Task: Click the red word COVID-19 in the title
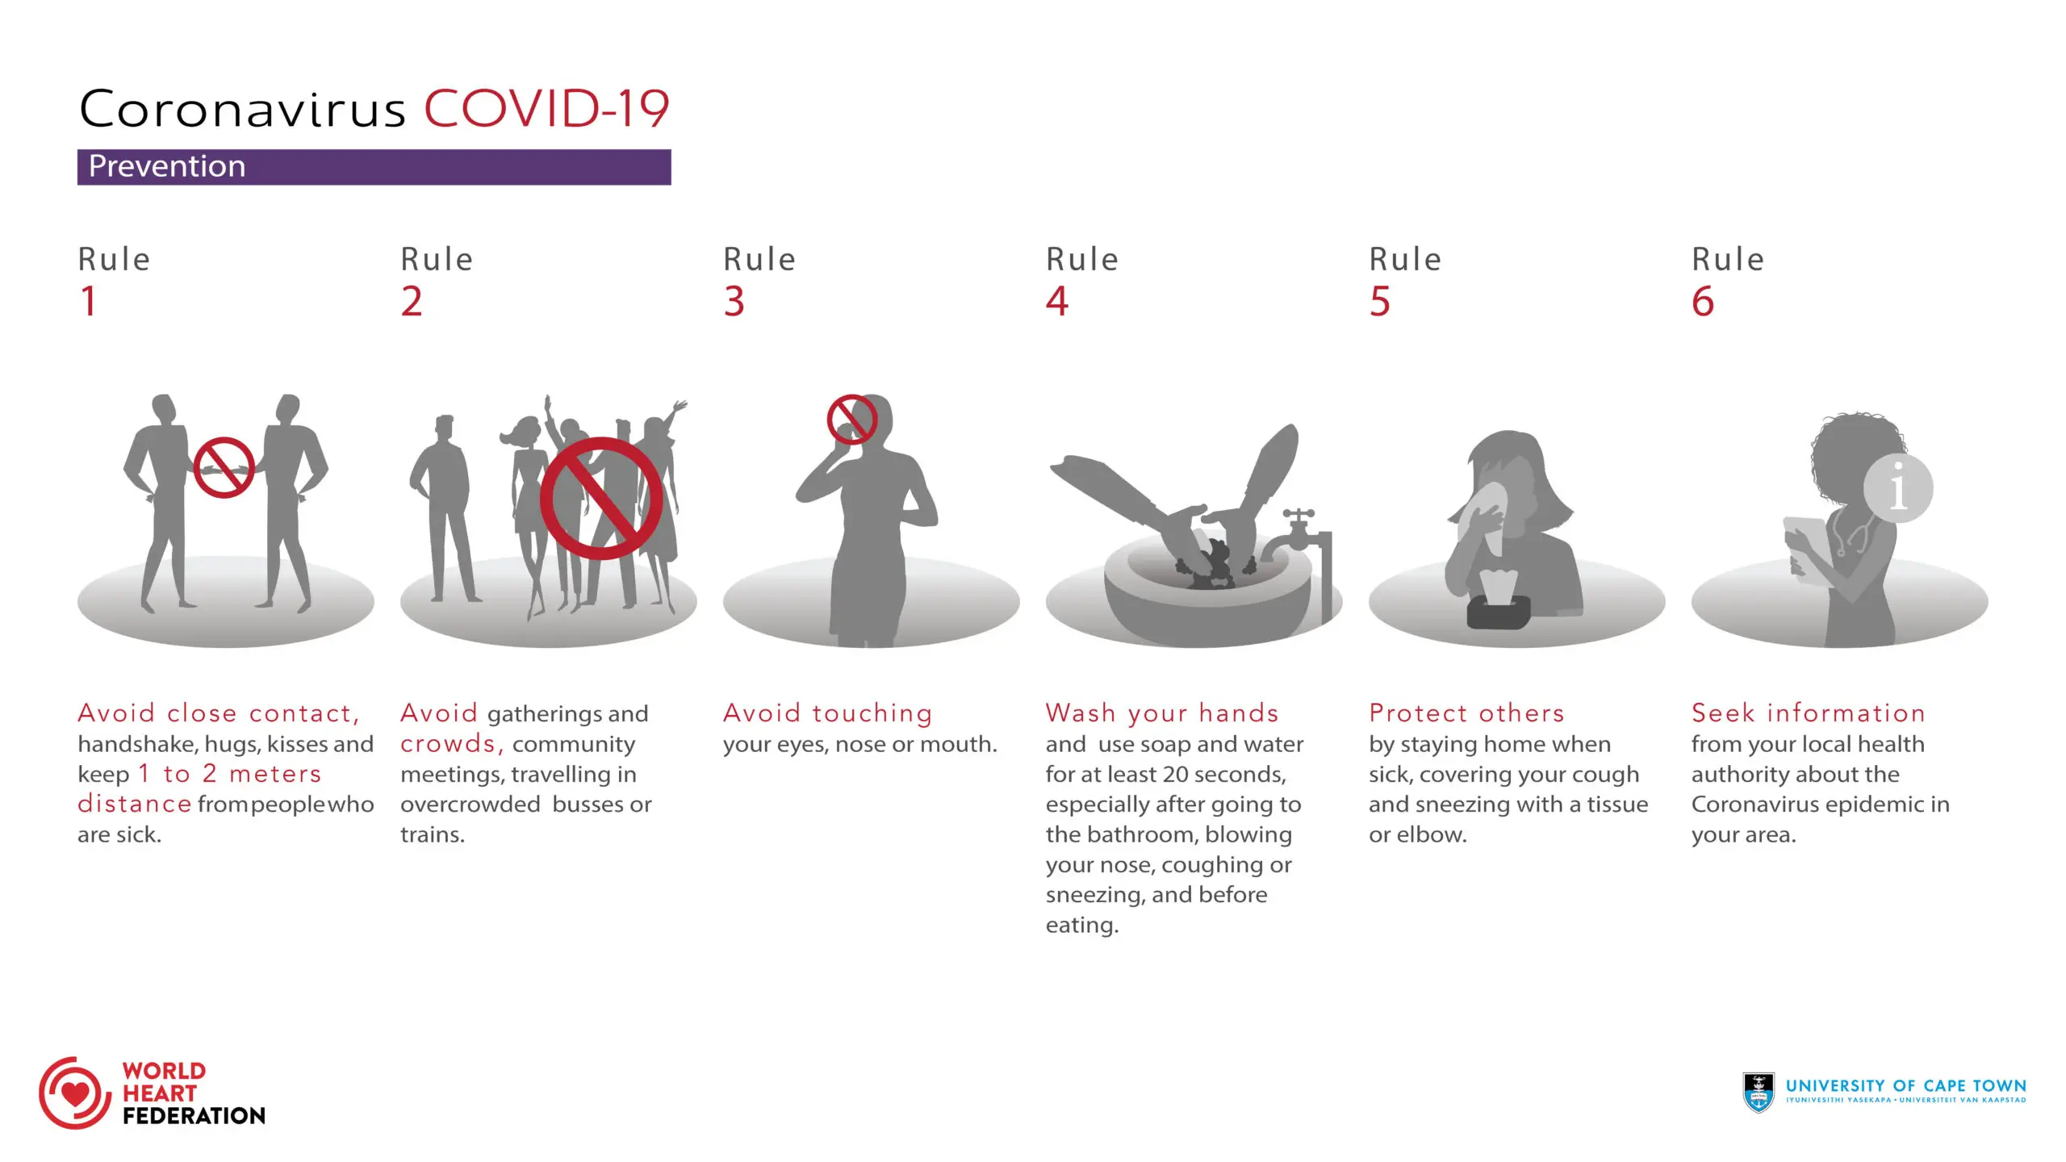546,109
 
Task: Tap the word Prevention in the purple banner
167,166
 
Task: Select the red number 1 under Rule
89,302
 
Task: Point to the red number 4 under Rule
1056,302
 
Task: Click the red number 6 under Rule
1702,302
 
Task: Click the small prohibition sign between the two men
224,468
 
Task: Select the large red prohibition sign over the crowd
601,498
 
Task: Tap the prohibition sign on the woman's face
851,419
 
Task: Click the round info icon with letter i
1898,488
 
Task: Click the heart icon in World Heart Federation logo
75,1094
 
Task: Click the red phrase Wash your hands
1162,713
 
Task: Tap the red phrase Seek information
1808,713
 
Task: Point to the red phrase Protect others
1466,713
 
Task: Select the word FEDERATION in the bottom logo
194,1116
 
